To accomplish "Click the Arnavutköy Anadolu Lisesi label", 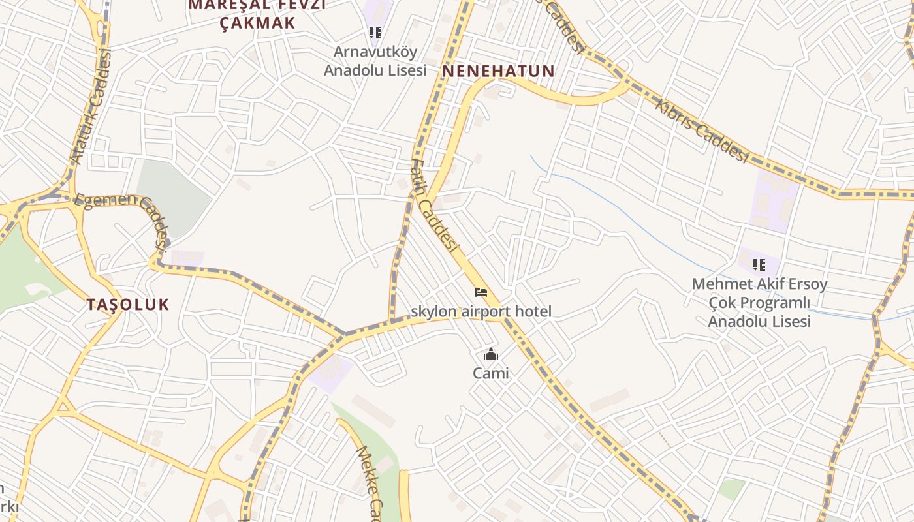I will [375, 61].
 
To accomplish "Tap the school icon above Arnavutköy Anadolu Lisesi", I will [375, 32].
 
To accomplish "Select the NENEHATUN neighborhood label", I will [499, 71].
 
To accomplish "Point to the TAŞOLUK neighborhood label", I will [128, 304].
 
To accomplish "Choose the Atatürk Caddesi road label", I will [91, 108].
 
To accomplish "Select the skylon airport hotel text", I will [481, 312].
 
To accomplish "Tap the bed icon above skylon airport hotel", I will [481, 292].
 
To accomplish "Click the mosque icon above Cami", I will [490, 355].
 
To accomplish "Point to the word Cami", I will [490, 374].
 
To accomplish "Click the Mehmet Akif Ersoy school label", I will [759, 303].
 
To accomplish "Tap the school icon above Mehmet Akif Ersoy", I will [759, 264].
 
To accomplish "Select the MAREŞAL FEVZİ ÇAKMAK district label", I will [257, 14].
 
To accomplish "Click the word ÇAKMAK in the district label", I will [257, 23].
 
